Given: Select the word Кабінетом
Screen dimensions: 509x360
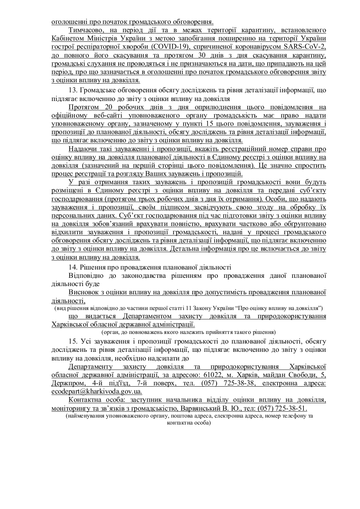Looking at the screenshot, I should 67,38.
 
